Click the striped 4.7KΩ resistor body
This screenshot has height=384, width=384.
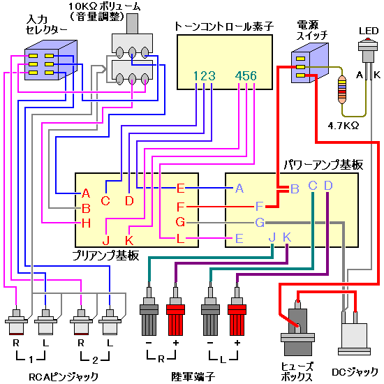[x=342, y=89]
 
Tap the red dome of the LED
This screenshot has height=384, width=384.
[x=367, y=39]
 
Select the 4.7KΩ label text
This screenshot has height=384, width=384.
[x=344, y=126]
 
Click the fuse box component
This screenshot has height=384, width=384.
[x=297, y=328]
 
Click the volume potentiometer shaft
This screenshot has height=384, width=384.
[x=132, y=24]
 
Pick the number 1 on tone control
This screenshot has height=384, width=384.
[x=196, y=76]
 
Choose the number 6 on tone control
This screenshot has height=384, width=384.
[x=253, y=76]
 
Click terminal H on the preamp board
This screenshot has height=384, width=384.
[x=86, y=223]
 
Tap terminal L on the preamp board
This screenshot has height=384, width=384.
[x=181, y=238]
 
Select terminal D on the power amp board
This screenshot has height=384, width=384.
[x=328, y=186]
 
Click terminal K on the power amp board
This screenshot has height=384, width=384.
[x=287, y=237]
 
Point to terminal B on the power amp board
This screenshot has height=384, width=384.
[x=295, y=189]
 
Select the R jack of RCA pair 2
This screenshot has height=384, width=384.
[x=81, y=322]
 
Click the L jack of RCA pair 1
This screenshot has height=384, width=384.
[x=45, y=322]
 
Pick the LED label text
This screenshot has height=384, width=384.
[x=369, y=31]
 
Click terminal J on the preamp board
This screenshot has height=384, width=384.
[x=106, y=240]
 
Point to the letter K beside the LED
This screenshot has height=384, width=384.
[x=377, y=75]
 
